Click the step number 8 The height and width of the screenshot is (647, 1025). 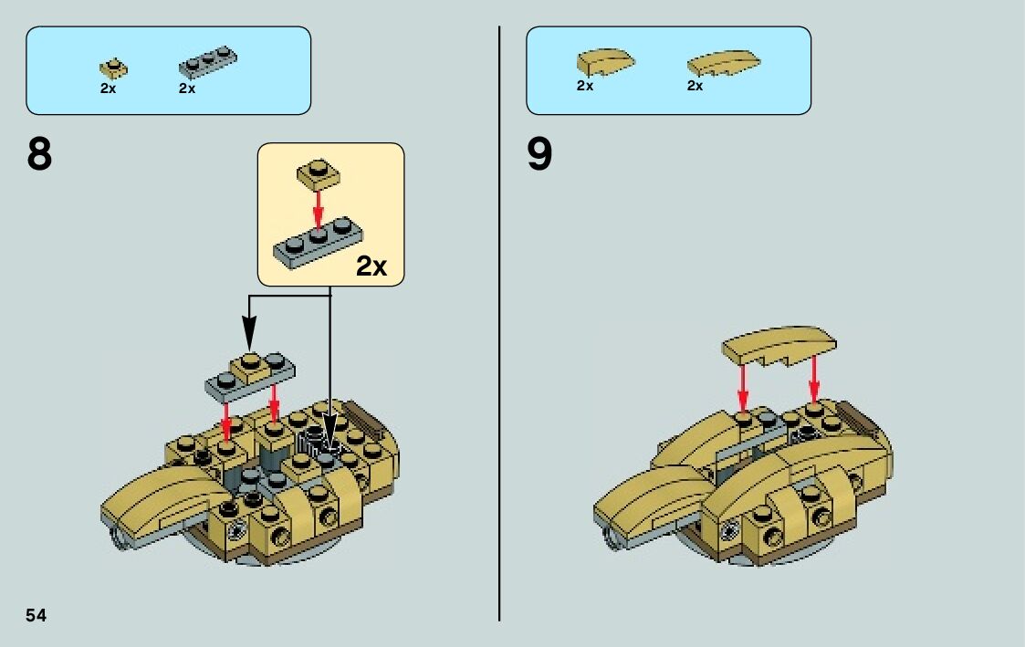pyautogui.click(x=40, y=156)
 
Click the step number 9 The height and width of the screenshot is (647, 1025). pyautogui.click(x=539, y=156)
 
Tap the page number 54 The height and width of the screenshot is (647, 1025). pyautogui.click(x=37, y=615)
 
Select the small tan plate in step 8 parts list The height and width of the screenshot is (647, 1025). pyautogui.click(x=113, y=68)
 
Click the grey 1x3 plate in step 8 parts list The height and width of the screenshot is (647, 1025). pyautogui.click(x=207, y=62)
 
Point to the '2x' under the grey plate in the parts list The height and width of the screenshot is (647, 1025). pyautogui.click(x=187, y=89)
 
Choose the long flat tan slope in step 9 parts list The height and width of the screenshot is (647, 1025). pyautogui.click(x=723, y=63)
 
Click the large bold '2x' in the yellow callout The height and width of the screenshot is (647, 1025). pyautogui.click(x=371, y=266)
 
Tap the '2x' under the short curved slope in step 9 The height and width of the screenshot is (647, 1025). pyautogui.click(x=585, y=86)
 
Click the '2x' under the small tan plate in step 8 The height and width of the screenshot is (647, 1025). pyautogui.click(x=109, y=89)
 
